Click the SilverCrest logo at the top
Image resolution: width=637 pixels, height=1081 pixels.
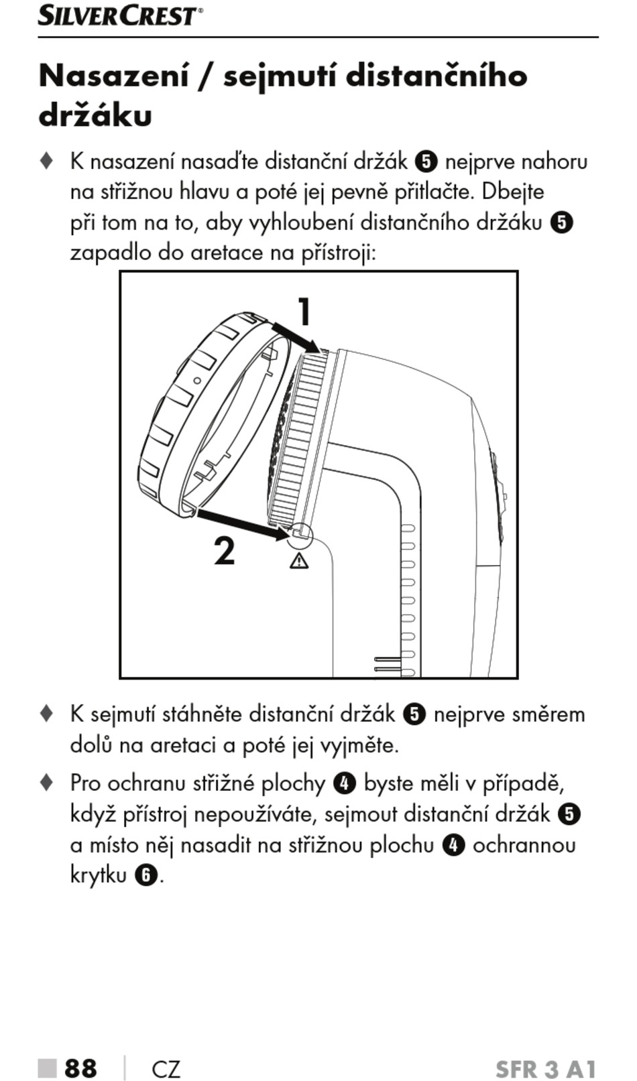(119, 15)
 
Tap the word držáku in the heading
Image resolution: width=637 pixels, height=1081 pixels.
(95, 115)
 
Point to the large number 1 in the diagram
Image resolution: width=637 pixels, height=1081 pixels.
(304, 312)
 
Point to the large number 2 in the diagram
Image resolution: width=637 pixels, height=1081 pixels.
(225, 551)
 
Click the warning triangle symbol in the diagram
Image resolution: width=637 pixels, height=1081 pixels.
(299, 560)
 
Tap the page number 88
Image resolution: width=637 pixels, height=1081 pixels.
(80, 1068)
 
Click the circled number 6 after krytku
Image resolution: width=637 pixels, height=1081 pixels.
(146, 875)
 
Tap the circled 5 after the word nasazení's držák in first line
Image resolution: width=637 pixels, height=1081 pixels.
(426, 162)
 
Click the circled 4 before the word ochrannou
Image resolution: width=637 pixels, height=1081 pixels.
(454, 845)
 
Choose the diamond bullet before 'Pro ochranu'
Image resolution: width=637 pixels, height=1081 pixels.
(46, 782)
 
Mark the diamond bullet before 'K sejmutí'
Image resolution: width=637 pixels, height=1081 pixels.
(46, 713)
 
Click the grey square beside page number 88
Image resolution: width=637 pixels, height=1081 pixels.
(47, 1068)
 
